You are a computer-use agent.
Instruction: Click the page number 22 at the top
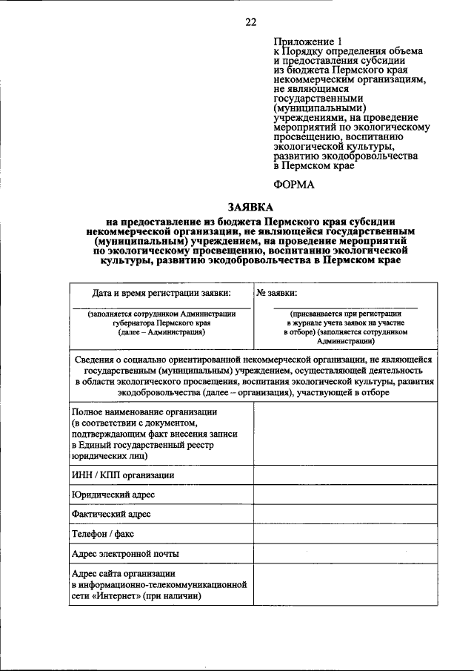(x=250, y=22)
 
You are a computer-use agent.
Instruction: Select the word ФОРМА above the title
(x=294, y=185)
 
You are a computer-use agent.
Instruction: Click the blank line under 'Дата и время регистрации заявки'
(x=161, y=307)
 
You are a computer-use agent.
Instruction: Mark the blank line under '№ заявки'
(x=344, y=307)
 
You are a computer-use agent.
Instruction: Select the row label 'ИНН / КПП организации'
(x=123, y=475)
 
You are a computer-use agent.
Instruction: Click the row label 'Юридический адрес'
(x=113, y=495)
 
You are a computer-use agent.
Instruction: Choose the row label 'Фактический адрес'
(x=111, y=514)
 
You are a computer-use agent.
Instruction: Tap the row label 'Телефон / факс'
(x=103, y=533)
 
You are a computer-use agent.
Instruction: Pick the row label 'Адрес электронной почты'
(x=125, y=553)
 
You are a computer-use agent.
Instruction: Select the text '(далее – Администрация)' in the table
(x=161, y=333)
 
